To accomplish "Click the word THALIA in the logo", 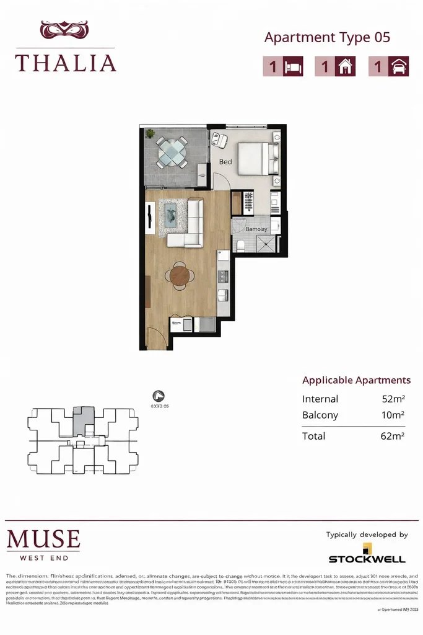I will coord(66,63).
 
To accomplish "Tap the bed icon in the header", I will coord(293,67).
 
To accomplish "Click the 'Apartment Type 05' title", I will coord(327,37).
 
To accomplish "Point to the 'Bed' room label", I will coord(225,162).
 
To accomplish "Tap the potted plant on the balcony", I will coord(150,133).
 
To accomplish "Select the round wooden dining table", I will coord(180,275).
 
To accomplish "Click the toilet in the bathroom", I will coord(240,246).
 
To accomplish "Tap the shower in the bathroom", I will coord(268,244).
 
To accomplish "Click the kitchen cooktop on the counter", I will coord(222,275).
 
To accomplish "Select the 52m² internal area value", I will coord(393,399).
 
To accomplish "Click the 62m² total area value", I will coord(393,436).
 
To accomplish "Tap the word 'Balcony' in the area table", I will coord(320,415).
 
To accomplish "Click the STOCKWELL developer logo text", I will coord(367,559).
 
